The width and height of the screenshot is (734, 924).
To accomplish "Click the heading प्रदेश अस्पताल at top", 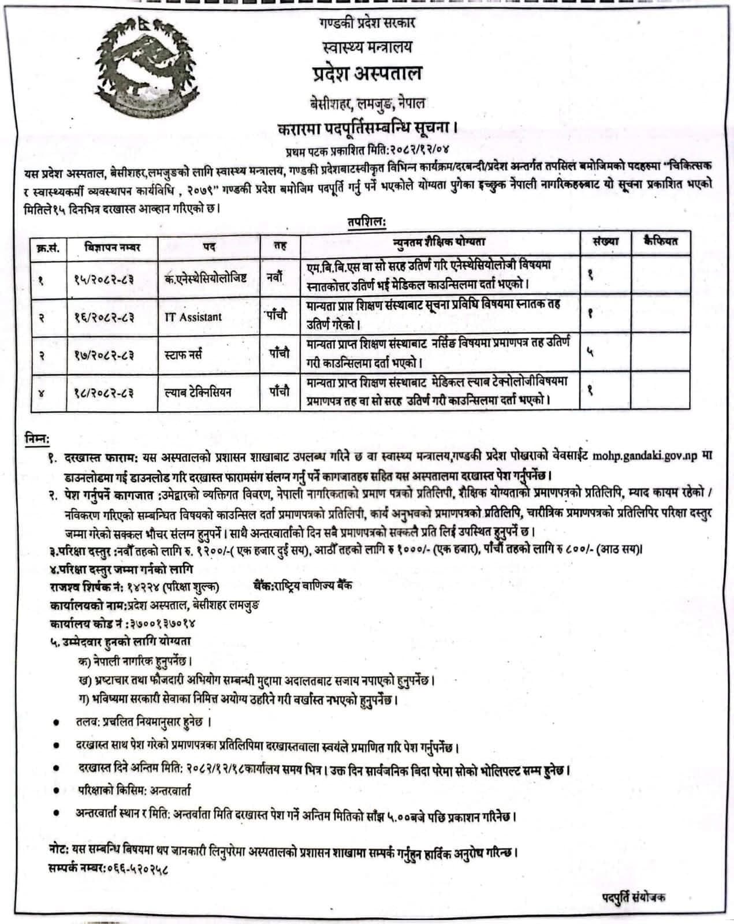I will coord(365,74).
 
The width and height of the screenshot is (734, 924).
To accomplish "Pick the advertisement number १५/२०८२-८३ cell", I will coord(104,279).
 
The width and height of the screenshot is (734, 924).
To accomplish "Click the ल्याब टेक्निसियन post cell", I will coord(198,392).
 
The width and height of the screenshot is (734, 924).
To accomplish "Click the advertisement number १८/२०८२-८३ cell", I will coord(104,392).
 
